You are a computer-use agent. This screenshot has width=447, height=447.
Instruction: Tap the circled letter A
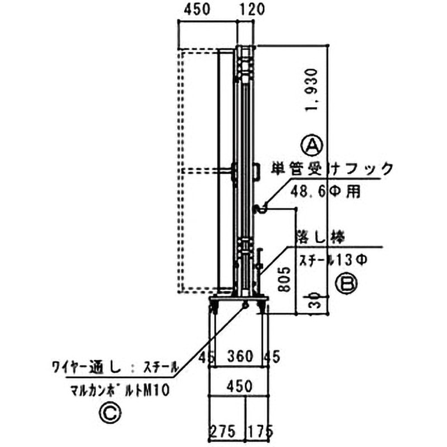312,144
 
